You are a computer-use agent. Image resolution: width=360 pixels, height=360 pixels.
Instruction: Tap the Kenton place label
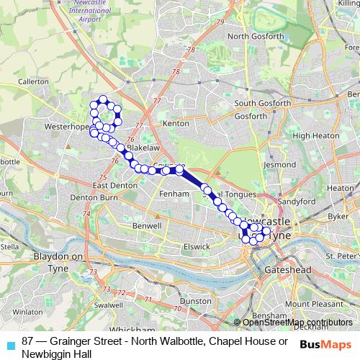[176, 125]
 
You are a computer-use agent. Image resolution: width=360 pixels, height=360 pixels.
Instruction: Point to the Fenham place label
[176, 195]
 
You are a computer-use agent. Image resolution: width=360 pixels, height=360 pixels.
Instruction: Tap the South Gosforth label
[263, 104]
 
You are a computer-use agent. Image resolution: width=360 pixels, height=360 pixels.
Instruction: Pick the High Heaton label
[311, 135]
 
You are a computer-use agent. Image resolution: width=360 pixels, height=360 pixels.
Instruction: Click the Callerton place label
[32, 82]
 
